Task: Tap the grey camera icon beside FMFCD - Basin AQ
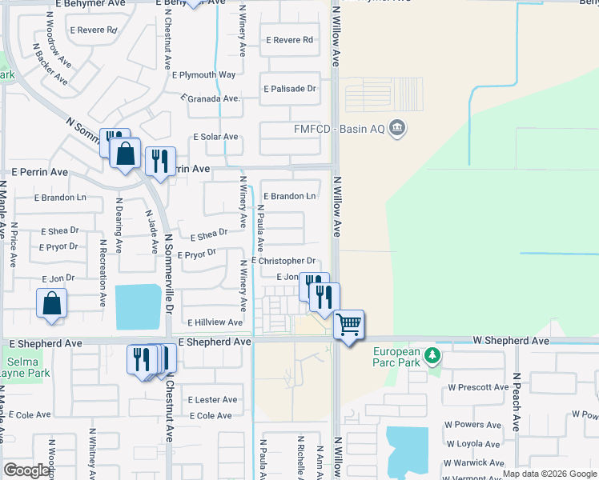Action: coord(397,128)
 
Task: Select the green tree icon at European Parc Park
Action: coord(432,354)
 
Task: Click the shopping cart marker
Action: coord(349,324)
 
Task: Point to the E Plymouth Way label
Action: coord(204,75)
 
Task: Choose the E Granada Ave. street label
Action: coord(211,98)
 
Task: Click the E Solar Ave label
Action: coord(215,137)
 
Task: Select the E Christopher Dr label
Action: coord(284,261)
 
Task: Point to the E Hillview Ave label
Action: coord(215,322)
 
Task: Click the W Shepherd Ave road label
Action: coord(509,341)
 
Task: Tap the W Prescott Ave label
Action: coord(478,387)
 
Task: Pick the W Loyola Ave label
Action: coord(476,443)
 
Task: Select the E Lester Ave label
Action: coord(213,399)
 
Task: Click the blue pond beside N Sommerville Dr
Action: coord(138,307)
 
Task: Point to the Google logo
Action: coord(26,471)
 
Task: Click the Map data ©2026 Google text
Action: coord(549,474)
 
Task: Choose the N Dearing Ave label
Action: coord(119,226)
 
